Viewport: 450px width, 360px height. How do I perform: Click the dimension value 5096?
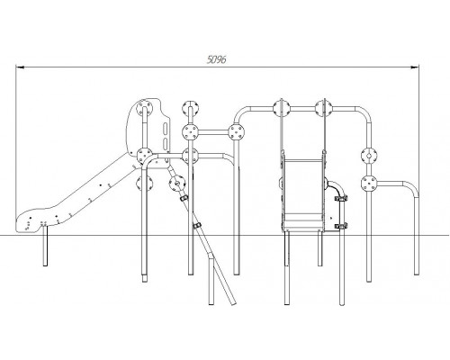click(x=216, y=59)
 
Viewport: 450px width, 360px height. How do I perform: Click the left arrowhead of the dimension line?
click(x=20, y=67)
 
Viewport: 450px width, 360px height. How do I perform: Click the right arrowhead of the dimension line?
click(x=415, y=67)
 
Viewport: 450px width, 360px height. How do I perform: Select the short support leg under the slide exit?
click(x=45, y=246)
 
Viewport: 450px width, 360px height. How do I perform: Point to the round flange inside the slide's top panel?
click(x=144, y=108)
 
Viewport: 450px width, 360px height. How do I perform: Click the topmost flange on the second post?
click(x=190, y=108)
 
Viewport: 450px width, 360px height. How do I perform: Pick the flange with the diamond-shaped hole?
click(x=369, y=156)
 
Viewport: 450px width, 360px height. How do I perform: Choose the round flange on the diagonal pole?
click(x=177, y=183)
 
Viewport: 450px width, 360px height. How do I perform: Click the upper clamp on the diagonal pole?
click(x=184, y=198)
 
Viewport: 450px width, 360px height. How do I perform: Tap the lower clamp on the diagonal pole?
click(x=197, y=226)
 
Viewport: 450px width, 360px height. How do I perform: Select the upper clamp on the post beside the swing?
click(x=341, y=198)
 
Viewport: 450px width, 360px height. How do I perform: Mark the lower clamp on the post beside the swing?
click(x=341, y=226)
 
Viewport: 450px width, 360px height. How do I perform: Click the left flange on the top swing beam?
click(x=282, y=108)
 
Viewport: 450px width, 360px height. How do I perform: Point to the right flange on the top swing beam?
click(x=324, y=108)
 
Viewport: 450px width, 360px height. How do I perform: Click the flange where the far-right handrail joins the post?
click(x=369, y=183)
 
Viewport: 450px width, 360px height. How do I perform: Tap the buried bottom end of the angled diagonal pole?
click(x=233, y=303)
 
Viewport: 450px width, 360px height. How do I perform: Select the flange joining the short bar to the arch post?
click(x=237, y=132)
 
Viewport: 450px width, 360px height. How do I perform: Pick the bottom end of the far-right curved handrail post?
click(x=416, y=273)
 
